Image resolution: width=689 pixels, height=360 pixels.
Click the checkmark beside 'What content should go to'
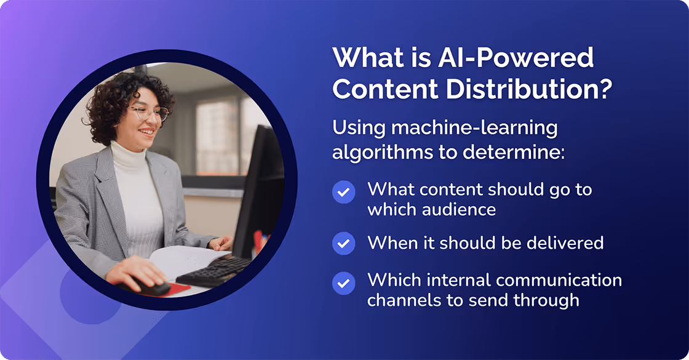343,192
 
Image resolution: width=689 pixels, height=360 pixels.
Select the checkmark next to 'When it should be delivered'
343,243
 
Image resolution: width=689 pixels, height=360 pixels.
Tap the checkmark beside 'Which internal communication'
343,284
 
